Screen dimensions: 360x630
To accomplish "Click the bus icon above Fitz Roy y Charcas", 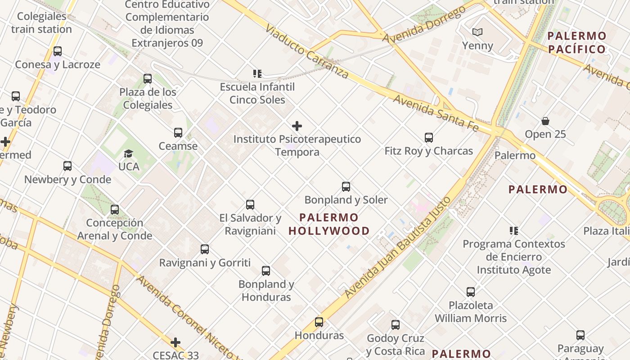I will tap(428, 138).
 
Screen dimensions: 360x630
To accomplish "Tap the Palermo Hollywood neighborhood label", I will tap(329, 224).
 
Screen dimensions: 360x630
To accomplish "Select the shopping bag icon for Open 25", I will tap(545, 121).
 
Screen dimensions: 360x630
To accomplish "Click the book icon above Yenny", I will tap(477, 32).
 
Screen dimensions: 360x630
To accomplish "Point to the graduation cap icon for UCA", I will tap(129, 153).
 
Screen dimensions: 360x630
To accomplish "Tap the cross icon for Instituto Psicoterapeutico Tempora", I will tap(297, 126).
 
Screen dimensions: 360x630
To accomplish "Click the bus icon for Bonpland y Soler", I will tap(346, 187).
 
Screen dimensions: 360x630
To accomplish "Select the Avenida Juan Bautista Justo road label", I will tap(398, 247).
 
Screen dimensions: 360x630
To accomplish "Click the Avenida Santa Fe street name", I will tap(436, 112).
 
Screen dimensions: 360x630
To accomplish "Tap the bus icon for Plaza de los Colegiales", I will tap(148, 79).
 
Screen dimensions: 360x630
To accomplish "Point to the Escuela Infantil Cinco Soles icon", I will tap(257, 73).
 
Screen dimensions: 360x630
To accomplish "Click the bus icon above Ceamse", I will tap(178, 133).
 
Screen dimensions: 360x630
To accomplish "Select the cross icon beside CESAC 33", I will tap(175, 343).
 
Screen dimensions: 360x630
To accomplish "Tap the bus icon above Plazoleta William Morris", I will tap(471, 292).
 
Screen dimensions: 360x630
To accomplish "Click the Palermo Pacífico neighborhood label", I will tap(577, 42).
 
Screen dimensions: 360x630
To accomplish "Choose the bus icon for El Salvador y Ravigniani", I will tap(250, 205).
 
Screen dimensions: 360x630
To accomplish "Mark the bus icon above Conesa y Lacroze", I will tap(58, 51).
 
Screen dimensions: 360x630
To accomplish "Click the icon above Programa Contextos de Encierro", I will tap(513, 231).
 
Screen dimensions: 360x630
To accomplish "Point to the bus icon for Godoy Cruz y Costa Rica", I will tap(396, 325).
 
